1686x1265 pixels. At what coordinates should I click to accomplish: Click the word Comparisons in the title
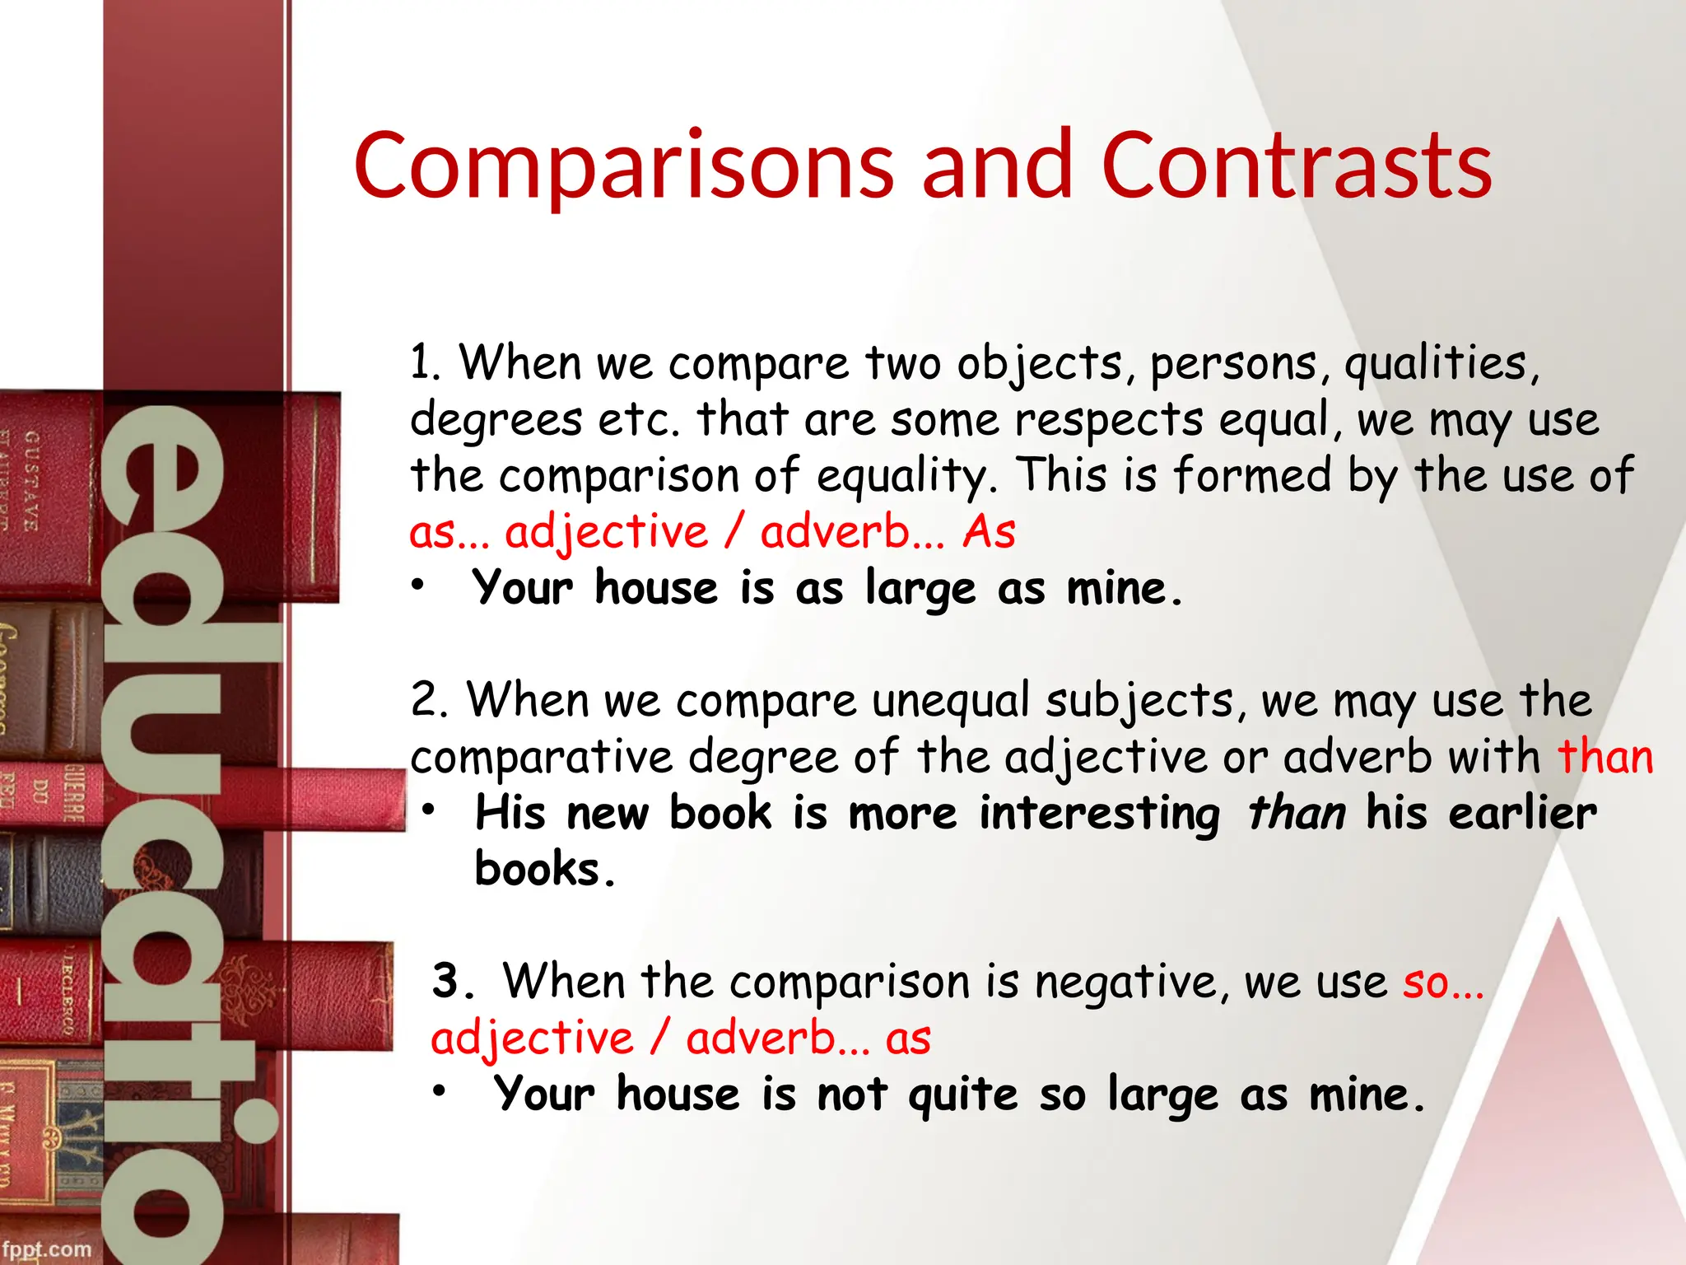624,167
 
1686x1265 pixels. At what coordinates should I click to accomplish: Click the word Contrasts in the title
1296,167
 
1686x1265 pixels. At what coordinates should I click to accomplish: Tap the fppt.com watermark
46,1249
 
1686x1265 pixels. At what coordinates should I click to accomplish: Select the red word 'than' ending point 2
1605,757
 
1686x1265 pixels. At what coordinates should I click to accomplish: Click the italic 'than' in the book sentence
1297,814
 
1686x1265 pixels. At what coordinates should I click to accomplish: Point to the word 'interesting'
1099,814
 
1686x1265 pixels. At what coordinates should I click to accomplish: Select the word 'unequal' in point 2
951,702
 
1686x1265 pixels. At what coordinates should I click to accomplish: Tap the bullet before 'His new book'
428,810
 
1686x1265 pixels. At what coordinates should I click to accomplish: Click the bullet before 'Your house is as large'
418,586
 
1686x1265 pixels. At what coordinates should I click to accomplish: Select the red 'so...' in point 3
1443,983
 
